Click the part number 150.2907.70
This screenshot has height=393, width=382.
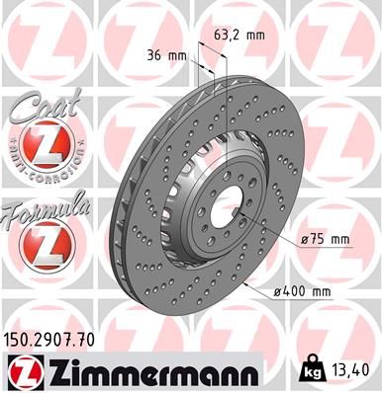(57, 339)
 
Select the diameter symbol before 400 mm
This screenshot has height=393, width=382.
(280, 293)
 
